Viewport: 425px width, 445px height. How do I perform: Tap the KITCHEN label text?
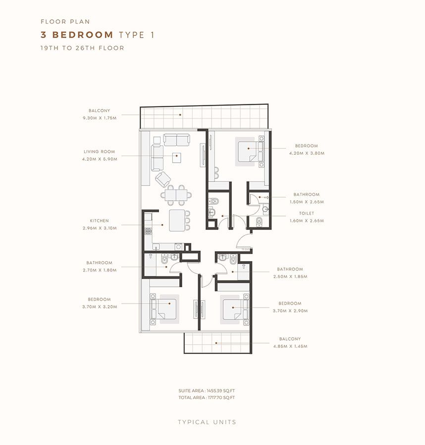pos(99,221)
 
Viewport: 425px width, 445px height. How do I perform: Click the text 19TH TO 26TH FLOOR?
pos(82,48)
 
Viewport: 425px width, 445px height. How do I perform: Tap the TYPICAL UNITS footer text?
pos(207,422)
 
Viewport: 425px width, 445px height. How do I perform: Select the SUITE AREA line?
pos(207,391)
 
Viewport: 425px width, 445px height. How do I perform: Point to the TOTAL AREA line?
pos(207,398)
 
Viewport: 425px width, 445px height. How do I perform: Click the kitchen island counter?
pos(175,220)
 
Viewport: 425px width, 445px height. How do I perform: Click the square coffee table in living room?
pos(176,157)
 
